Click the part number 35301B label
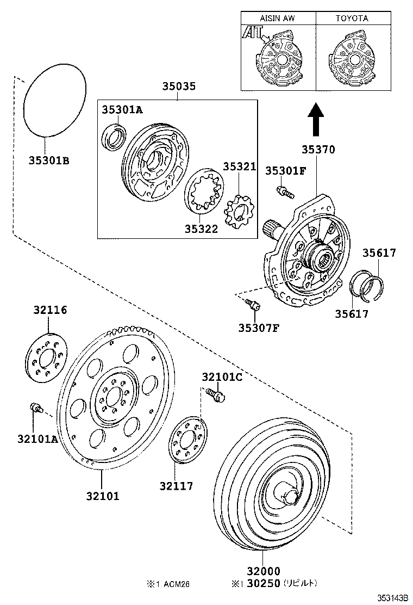(49, 160)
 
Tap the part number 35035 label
(178, 87)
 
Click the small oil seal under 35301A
(115, 137)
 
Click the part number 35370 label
(318, 150)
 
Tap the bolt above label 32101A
(36, 408)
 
